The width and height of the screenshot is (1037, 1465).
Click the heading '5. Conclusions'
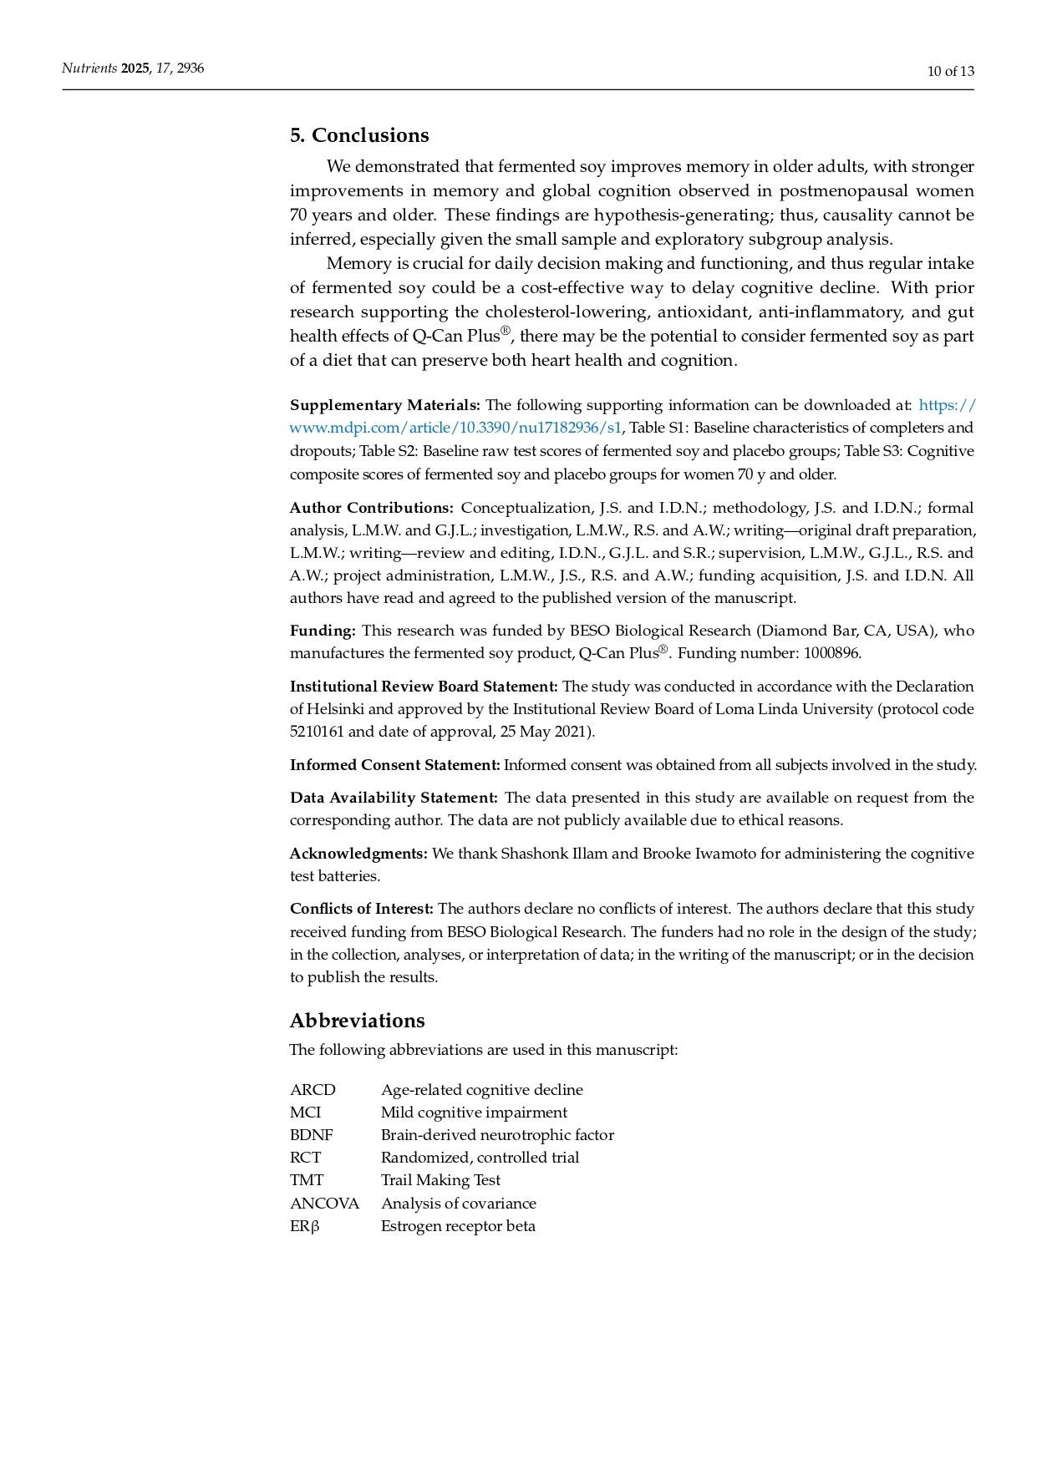[x=359, y=135]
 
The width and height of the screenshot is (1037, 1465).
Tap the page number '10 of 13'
[x=950, y=71]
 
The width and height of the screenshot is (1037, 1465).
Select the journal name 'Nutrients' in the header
[x=89, y=68]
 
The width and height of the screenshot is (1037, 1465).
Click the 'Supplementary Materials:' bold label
[x=384, y=405]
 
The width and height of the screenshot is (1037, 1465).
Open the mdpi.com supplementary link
[x=455, y=428]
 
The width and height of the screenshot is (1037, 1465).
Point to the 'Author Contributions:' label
[x=371, y=508]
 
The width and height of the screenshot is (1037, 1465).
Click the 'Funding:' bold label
[x=323, y=631]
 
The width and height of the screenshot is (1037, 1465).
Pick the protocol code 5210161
[x=317, y=732]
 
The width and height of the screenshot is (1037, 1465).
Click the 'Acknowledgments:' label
[x=358, y=854]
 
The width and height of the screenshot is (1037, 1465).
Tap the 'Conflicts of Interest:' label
[x=361, y=909]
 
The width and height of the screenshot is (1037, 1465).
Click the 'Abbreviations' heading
[x=357, y=1021]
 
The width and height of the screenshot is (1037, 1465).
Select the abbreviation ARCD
[x=313, y=1090]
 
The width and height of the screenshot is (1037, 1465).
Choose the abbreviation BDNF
[x=311, y=1135]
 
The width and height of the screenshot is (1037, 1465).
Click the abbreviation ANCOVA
[x=324, y=1204]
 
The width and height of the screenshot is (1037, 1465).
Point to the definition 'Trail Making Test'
[x=440, y=1180]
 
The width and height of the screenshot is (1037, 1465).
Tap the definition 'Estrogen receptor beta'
[x=458, y=1226]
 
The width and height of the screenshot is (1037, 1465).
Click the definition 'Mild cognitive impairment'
[x=474, y=1113]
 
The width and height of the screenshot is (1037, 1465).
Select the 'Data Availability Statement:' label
[x=394, y=798]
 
